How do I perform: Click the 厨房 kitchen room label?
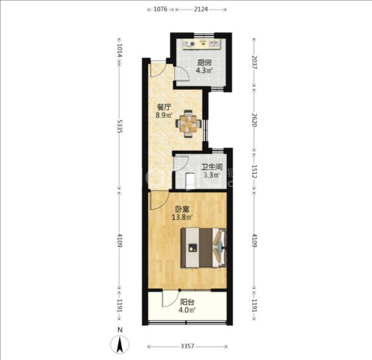(x=204, y=63)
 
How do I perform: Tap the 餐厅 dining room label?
(x=164, y=107)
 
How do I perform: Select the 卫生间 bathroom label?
(x=212, y=167)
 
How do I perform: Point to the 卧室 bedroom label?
(x=182, y=209)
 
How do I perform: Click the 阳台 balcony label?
(x=187, y=302)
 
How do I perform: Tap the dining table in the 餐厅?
(x=189, y=124)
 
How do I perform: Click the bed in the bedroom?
(x=203, y=248)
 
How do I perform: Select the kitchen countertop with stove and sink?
(x=202, y=44)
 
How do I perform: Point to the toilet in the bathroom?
(x=190, y=181)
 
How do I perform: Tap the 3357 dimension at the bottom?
(x=187, y=347)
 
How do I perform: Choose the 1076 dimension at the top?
(x=160, y=9)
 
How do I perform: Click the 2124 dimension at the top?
(x=201, y=9)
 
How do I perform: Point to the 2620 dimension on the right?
(x=254, y=120)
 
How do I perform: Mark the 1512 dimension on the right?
(x=254, y=172)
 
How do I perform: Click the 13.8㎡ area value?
(x=182, y=217)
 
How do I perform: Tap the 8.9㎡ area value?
(x=164, y=115)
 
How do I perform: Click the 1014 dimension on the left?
(x=120, y=50)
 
